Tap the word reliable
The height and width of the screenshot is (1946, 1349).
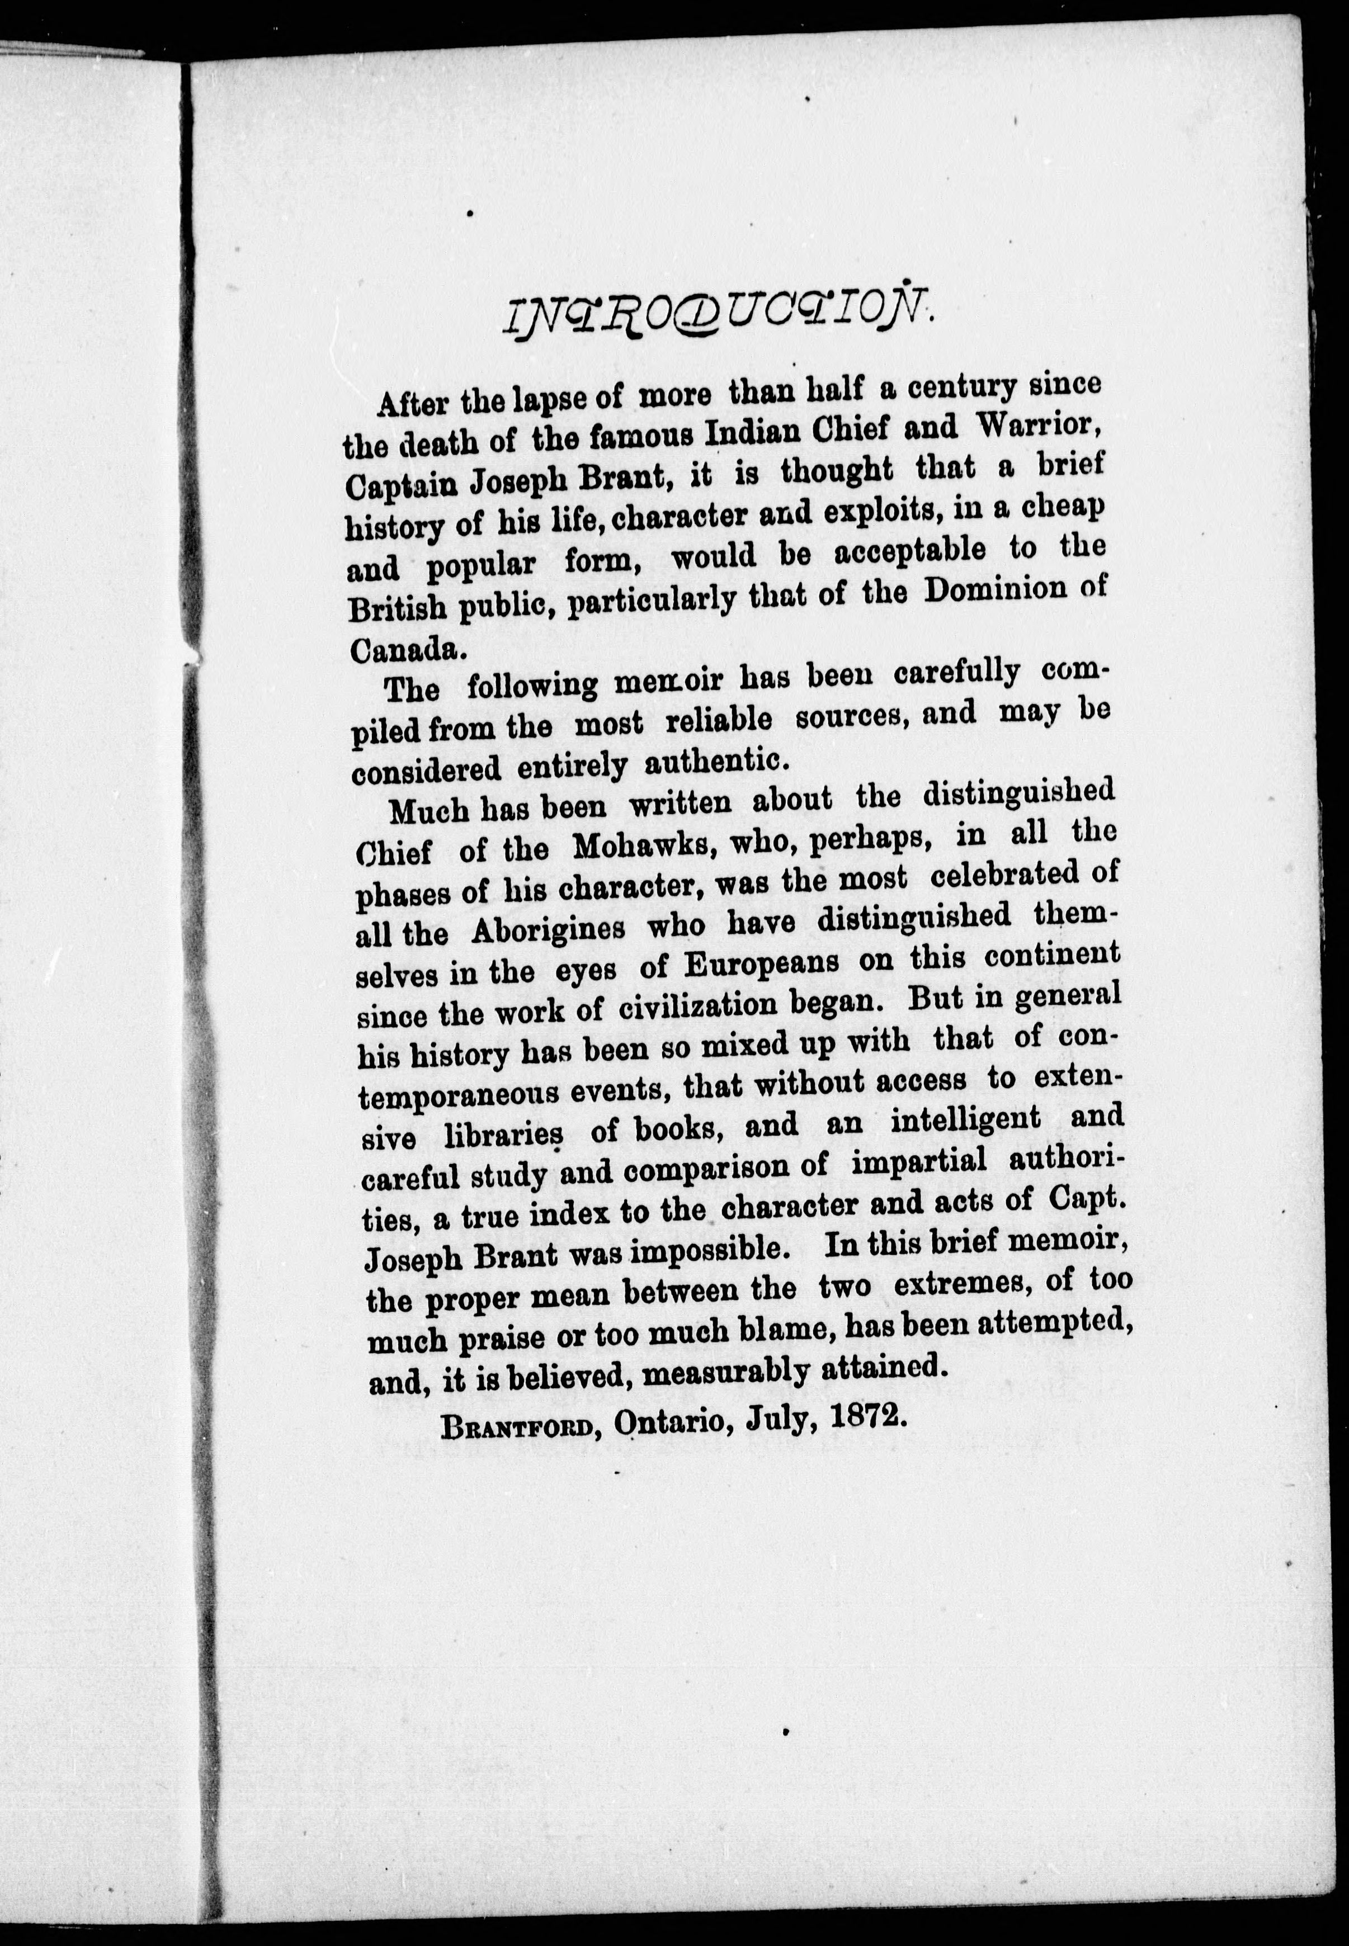tap(719, 719)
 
